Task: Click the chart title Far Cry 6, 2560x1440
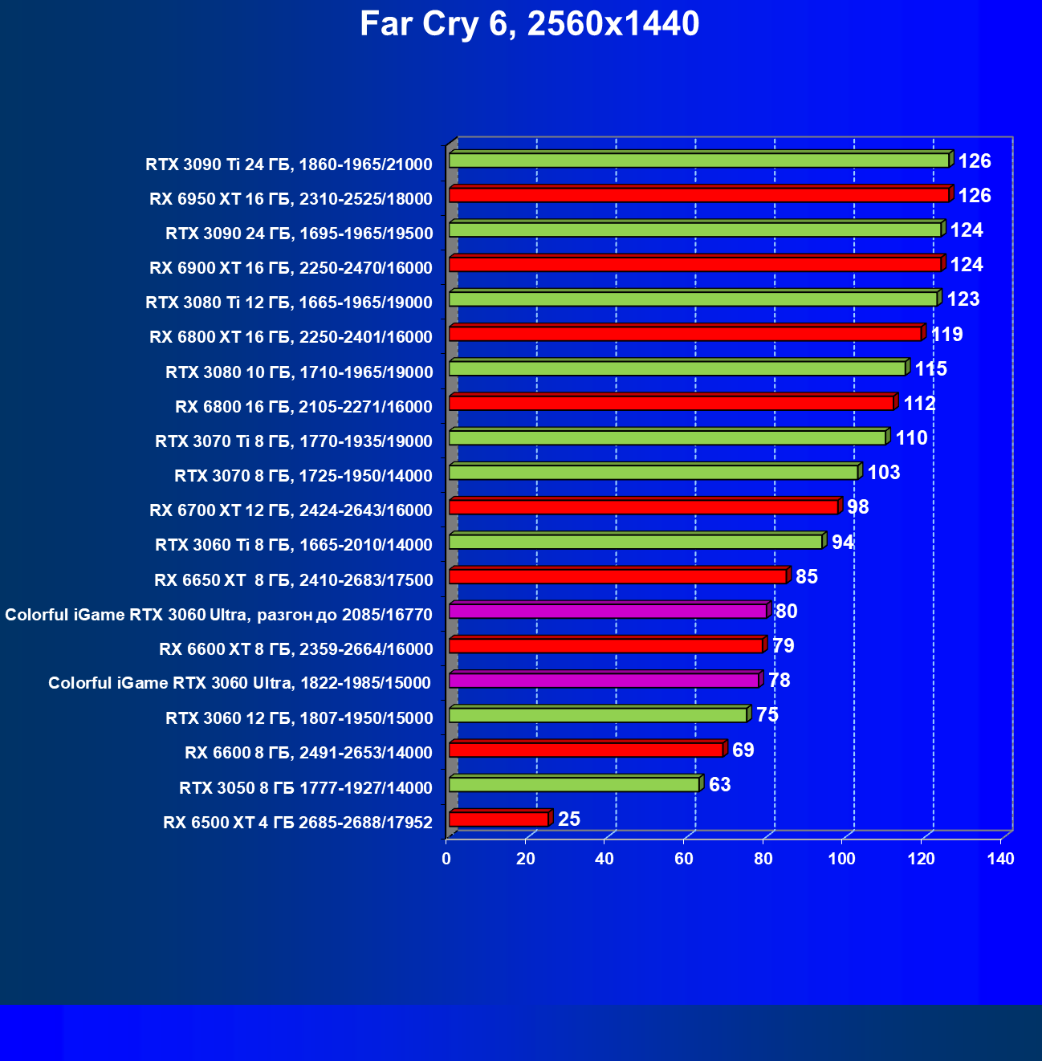529,24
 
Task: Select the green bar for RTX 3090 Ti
698,161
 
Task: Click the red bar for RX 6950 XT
698,195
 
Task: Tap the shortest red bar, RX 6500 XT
499,819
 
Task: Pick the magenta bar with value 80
607,612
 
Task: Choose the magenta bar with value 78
604,681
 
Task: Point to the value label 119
947,334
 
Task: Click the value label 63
720,784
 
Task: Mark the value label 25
569,819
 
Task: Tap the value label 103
884,472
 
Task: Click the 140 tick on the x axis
1000,859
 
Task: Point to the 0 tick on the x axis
446,859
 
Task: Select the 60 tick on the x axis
684,859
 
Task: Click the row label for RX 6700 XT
291,510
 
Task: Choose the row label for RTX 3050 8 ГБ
306,788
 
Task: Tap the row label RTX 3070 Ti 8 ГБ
294,441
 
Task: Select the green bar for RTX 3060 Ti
635,542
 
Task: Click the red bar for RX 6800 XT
685,334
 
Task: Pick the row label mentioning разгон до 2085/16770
218,615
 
